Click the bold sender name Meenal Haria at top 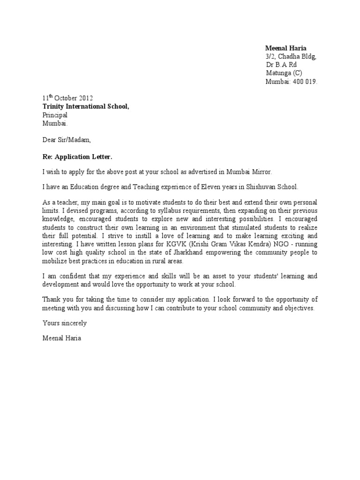pos(285,48)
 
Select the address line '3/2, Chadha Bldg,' pos(291,57)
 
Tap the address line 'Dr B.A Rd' pos(281,65)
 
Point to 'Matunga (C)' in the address pos(285,73)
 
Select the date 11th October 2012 pos(68,98)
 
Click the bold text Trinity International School pos(86,106)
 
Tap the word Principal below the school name pos(55,115)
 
